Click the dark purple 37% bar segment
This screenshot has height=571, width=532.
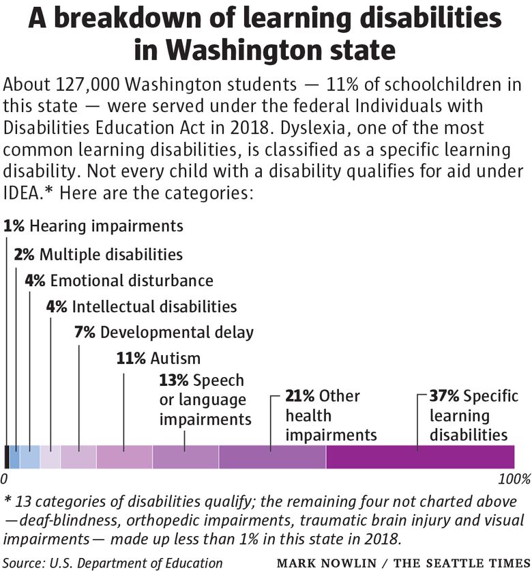(420, 457)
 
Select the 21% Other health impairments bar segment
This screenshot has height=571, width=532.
(273, 457)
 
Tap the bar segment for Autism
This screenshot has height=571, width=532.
(124, 457)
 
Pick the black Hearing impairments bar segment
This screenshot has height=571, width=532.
(7, 457)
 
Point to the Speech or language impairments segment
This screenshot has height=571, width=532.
(186, 457)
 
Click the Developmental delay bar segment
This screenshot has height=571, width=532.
(78, 457)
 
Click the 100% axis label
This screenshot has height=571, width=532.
(514, 479)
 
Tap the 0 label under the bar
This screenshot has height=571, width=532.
(3, 479)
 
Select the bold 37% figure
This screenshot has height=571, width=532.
(444, 396)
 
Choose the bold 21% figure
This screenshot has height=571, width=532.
(299, 396)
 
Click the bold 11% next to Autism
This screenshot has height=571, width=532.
(131, 359)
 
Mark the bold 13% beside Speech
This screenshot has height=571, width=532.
(174, 380)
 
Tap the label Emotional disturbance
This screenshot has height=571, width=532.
(132, 281)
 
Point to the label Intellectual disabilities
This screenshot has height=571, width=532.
(155, 307)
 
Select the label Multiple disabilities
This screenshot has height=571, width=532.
(111, 255)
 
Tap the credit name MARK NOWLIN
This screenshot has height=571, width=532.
(327, 563)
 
